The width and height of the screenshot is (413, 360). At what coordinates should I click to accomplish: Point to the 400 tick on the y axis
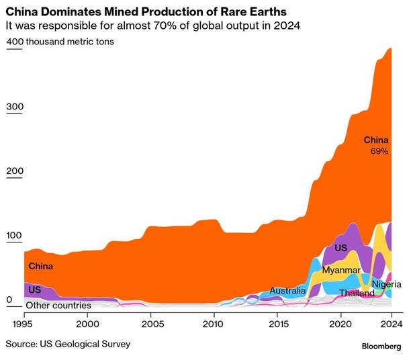tap(14, 42)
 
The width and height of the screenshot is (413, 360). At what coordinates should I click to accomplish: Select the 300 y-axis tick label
tap(14, 106)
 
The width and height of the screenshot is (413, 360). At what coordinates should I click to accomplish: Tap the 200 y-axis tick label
tap(14, 171)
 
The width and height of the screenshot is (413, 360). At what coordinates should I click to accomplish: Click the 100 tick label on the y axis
tap(14, 236)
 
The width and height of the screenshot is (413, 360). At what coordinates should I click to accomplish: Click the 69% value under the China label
tap(379, 152)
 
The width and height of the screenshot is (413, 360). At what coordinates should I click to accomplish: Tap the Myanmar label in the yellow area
tap(341, 270)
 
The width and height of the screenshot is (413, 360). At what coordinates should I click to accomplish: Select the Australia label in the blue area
tap(287, 291)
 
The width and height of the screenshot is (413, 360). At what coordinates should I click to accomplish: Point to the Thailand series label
tap(357, 294)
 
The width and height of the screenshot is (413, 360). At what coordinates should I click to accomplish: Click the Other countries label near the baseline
tap(58, 306)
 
